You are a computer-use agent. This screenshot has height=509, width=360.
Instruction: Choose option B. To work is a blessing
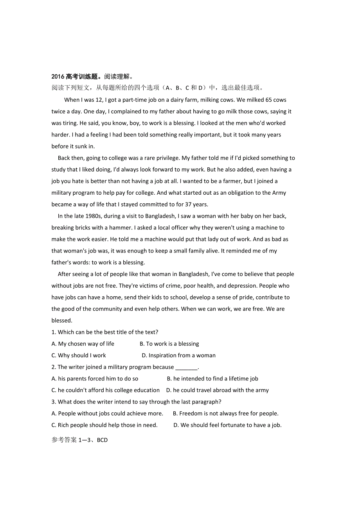point(169,344)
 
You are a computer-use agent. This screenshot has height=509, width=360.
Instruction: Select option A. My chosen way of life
point(83,344)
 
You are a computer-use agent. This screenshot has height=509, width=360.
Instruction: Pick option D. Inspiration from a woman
point(178,355)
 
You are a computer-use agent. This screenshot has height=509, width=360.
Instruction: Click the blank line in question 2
point(186,367)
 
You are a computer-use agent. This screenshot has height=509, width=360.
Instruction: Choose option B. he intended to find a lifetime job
point(212,378)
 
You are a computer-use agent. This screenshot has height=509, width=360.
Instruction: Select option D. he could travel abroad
point(217,390)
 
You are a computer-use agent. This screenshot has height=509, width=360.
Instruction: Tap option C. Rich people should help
point(104,425)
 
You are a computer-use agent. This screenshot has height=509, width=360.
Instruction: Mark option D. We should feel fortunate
point(227,425)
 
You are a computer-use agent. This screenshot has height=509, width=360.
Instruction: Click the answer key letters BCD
point(102,440)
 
